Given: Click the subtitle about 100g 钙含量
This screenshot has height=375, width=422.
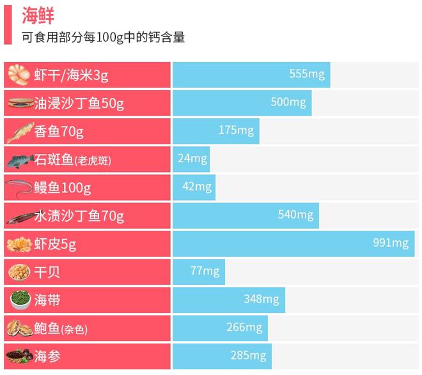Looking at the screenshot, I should click(103, 37).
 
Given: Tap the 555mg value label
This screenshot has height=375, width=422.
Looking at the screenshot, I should click(307, 74).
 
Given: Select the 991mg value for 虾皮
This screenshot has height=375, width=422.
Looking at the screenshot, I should click(390, 243).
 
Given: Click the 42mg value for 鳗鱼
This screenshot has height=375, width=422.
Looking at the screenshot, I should click(196, 187).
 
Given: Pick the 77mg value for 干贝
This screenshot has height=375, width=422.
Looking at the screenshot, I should click(205, 271).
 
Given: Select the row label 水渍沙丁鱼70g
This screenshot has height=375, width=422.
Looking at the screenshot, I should click(79, 216).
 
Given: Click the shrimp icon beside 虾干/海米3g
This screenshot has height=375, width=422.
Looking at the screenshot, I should click(19, 75).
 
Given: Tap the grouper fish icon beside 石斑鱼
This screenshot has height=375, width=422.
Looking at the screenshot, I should click(19, 160).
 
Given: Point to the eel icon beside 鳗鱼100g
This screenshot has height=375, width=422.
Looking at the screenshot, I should click(19, 188).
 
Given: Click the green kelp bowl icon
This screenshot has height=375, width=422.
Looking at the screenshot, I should click(19, 300).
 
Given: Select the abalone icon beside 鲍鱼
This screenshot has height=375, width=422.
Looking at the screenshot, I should click(19, 328).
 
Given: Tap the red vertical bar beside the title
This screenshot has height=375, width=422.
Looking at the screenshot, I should click(7, 24).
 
